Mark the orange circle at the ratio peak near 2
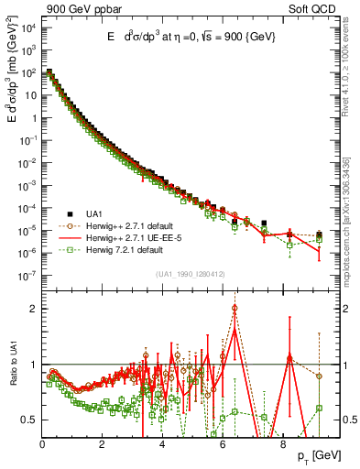point(235,308)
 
